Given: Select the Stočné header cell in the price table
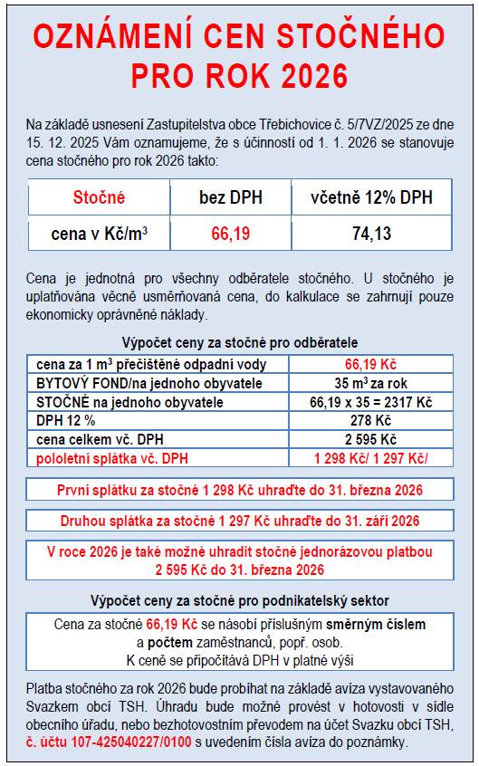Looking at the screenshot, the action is pyautogui.click(x=99, y=197).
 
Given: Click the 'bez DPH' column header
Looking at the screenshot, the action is pyautogui.click(x=230, y=197).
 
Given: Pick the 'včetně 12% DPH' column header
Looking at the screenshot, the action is pyautogui.click(x=371, y=197).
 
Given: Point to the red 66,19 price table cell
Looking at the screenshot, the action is pyautogui.click(x=230, y=234).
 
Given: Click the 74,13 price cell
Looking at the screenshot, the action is pyautogui.click(x=371, y=234).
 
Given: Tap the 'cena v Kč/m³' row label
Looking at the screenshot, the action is pyautogui.click(x=99, y=234).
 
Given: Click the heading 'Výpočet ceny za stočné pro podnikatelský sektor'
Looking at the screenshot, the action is pyautogui.click(x=240, y=600).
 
